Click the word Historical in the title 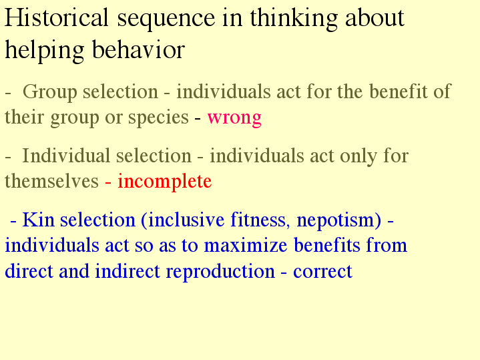[57, 18]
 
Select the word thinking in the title [294, 19]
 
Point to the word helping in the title [45, 51]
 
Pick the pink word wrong [234, 118]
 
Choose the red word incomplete [165, 181]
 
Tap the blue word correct [322, 272]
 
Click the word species [158, 118]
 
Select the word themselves [51, 180]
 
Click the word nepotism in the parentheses [339, 220]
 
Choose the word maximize [246, 245]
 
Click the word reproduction [220, 272]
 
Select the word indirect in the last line [128, 271]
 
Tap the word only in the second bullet [358, 156]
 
